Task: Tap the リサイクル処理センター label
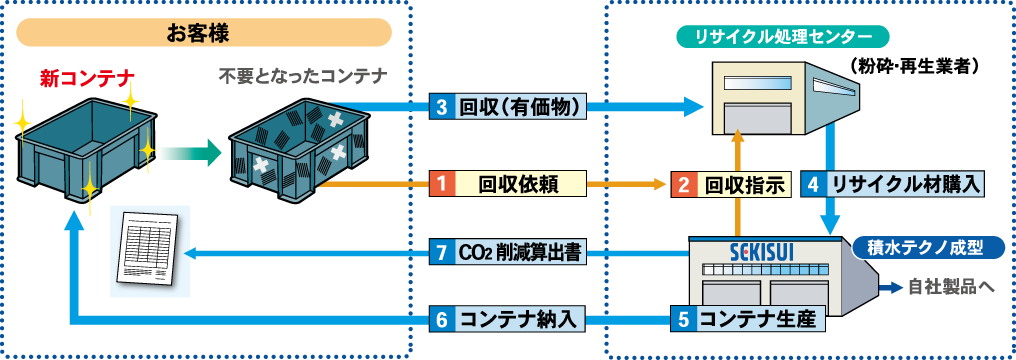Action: (x=780, y=38)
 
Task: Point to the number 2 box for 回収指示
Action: (x=684, y=184)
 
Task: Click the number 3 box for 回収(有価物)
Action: (x=441, y=107)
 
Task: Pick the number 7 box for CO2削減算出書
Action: (x=441, y=253)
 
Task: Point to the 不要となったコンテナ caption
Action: (x=302, y=76)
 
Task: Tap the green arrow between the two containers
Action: (x=190, y=153)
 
